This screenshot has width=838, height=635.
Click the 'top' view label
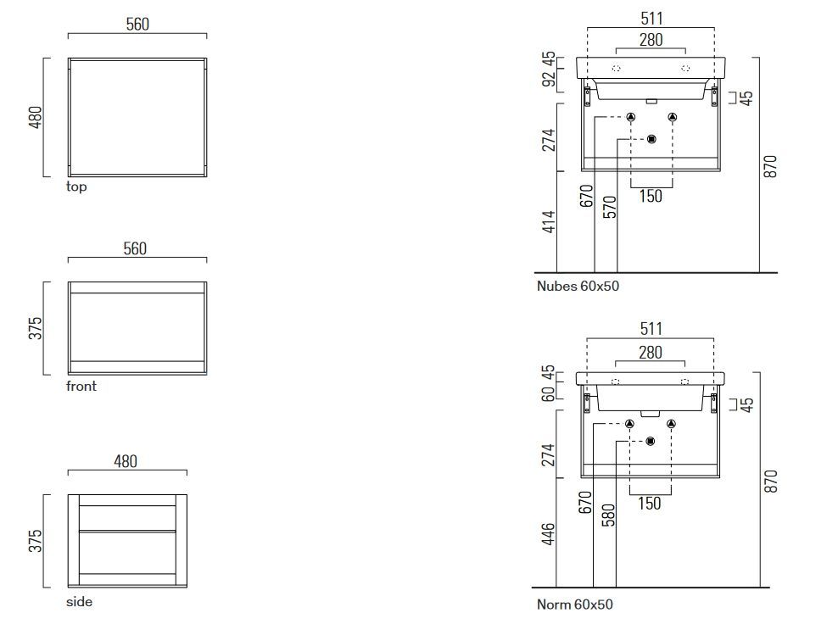76,187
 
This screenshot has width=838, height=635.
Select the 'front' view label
81,386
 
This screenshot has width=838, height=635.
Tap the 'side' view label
79,602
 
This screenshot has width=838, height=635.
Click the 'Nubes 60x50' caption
578,287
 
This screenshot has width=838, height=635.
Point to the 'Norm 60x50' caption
574,604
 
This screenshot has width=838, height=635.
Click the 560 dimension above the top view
137,24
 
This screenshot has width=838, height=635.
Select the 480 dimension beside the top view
35,117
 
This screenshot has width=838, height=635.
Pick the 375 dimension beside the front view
35,328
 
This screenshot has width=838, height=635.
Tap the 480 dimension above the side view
126,461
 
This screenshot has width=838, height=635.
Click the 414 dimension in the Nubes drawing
549,222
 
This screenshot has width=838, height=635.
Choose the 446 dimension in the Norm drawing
548,535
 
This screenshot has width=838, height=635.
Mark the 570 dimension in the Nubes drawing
609,207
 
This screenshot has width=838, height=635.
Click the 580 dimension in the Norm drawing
608,515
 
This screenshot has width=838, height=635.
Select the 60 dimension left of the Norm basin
548,393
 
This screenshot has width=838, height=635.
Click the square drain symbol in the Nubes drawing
651,139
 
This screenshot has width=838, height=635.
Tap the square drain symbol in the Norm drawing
651,441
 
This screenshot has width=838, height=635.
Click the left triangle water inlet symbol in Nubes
631,117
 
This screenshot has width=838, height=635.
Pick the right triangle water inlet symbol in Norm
671,424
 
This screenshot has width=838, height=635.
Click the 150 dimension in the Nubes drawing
651,196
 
